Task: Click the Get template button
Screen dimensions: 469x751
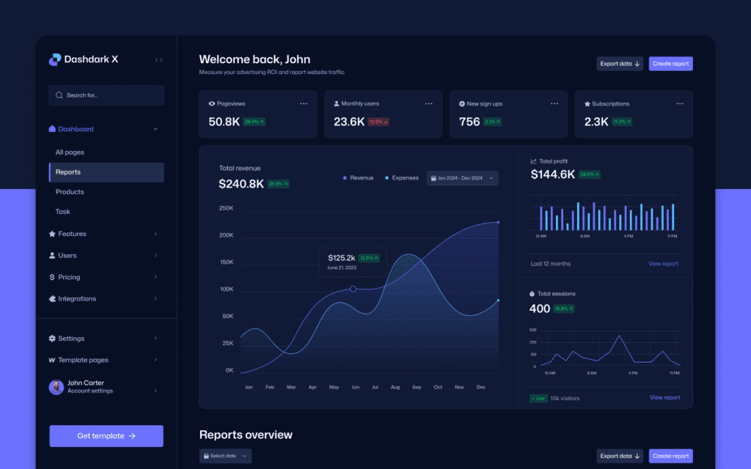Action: click(106, 436)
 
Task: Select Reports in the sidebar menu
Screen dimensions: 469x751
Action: click(68, 172)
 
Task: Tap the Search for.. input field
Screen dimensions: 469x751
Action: click(106, 95)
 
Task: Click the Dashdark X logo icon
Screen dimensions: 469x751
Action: click(55, 59)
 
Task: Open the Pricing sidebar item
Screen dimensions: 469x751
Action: click(69, 277)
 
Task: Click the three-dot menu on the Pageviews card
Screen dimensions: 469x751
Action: click(304, 104)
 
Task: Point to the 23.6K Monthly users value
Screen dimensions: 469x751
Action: click(349, 122)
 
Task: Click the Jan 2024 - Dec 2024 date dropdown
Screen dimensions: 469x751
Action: click(462, 178)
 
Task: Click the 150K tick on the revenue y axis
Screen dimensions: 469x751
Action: click(226, 262)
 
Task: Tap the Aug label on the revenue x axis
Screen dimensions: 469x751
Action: click(395, 387)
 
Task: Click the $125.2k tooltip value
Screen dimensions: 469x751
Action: click(342, 258)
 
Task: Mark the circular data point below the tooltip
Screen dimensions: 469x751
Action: click(353, 289)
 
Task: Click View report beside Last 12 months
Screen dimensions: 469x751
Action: click(663, 264)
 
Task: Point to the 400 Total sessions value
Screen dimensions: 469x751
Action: click(539, 309)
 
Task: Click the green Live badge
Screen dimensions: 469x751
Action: click(538, 398)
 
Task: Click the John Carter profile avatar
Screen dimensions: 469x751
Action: click(56, 387)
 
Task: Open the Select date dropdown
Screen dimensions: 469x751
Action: click(225, 456)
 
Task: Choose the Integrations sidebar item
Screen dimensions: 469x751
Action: click(76, 299)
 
